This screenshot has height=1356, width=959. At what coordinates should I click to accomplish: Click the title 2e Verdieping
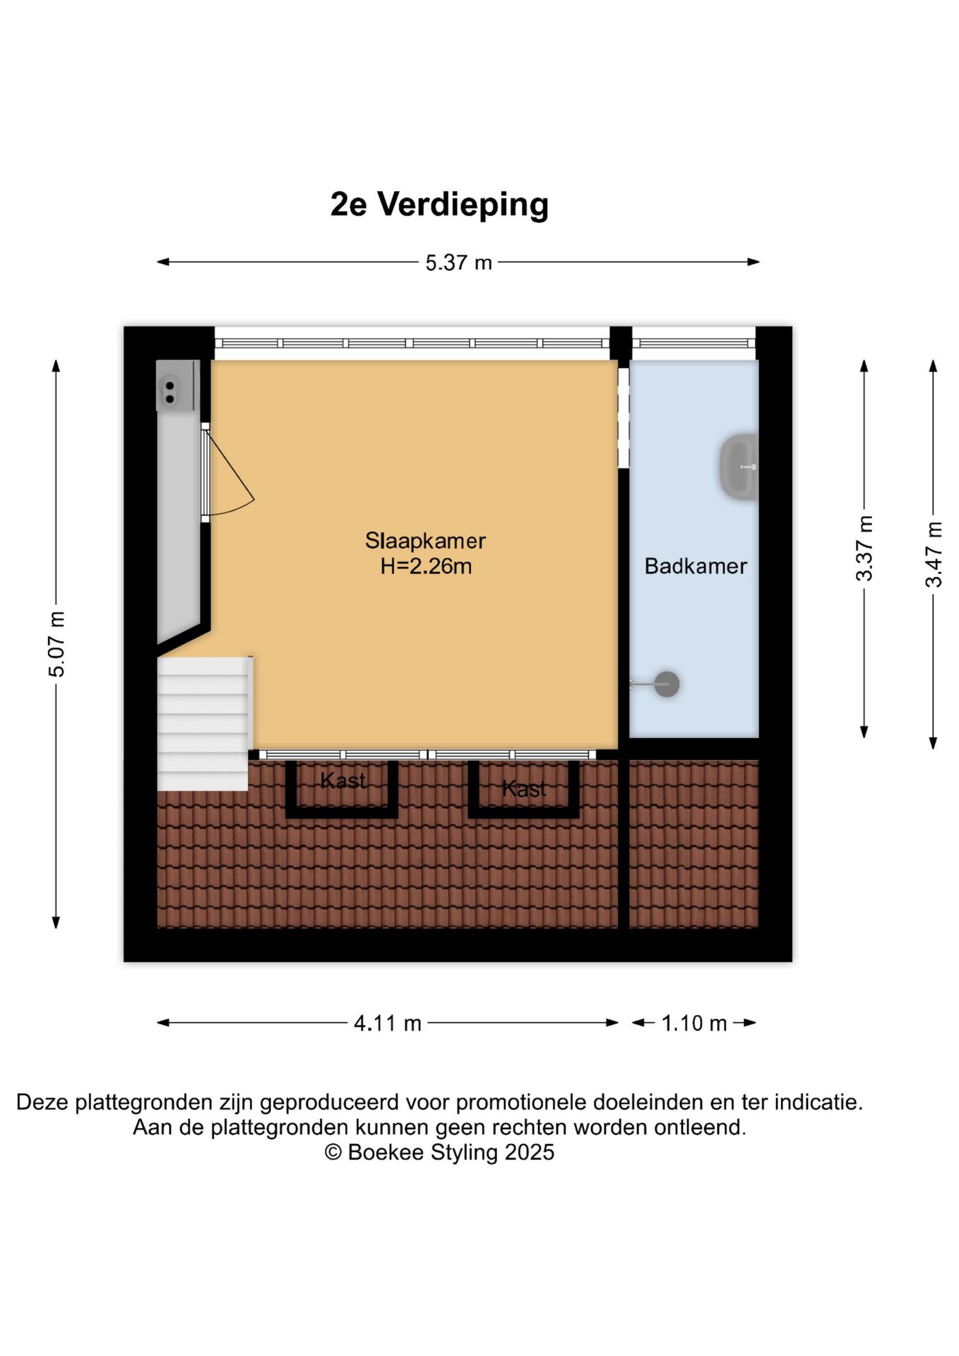(439, 205)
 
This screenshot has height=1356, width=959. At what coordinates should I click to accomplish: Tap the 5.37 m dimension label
(458, 263)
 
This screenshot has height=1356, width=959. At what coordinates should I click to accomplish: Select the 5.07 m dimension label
(56, 643)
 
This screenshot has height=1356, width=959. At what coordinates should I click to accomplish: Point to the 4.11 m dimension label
(387, 1023)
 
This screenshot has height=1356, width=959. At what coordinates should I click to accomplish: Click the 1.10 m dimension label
(693, 1023)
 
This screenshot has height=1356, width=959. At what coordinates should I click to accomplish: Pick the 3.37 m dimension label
(864, 548)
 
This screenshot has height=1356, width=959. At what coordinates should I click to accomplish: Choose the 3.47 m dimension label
(934, 554)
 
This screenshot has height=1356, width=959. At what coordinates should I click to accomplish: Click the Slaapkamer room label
(425, 541)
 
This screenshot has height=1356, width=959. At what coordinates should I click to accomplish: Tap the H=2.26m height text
(426, 566)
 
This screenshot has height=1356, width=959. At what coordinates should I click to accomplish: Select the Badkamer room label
(696, 566)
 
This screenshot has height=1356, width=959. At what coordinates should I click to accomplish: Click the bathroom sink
(739, 467)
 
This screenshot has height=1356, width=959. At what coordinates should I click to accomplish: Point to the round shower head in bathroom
(666, 684)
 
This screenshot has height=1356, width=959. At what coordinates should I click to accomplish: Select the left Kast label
(342, 780)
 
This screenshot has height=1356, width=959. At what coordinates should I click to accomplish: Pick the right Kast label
(524, 788)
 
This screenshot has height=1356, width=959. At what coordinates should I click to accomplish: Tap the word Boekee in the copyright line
(386, 1152)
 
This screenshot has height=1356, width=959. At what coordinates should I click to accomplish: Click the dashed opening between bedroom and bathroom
(623, 417)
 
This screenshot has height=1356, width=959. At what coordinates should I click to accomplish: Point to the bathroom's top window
(693, 343)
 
